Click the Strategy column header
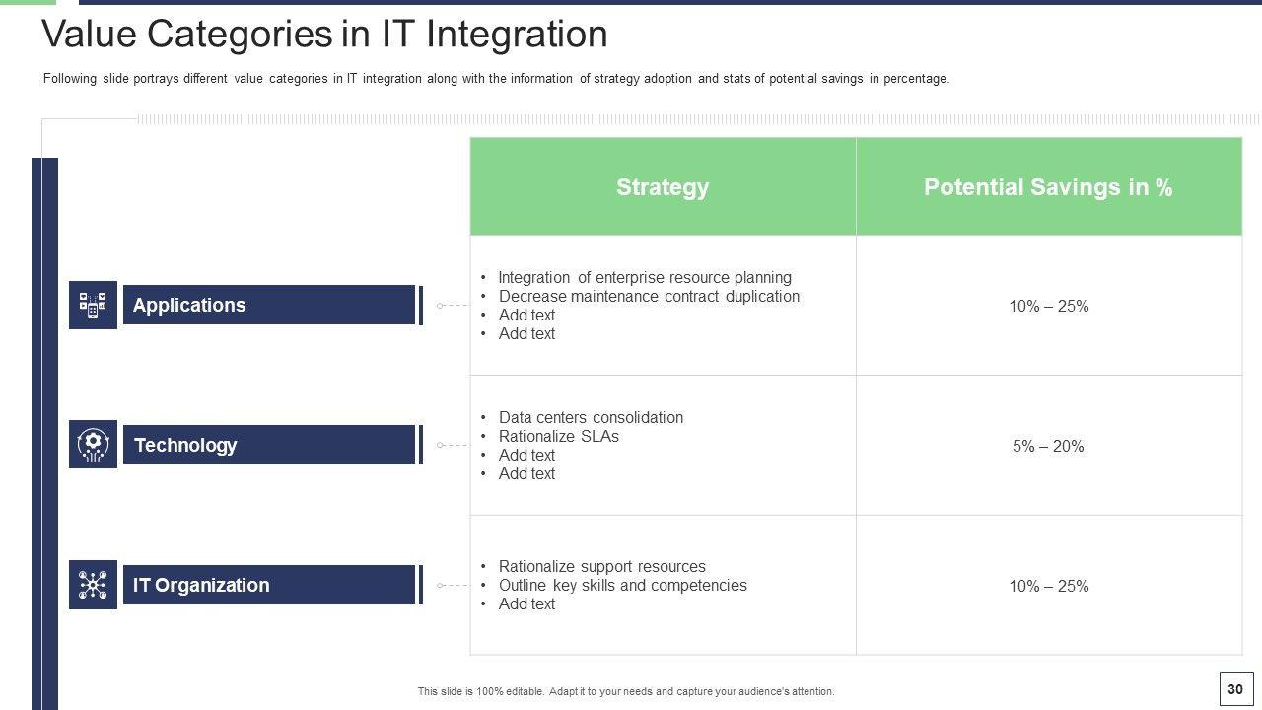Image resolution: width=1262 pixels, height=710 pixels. click(663, 187)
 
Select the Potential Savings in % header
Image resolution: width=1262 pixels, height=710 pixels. click(1048, 187)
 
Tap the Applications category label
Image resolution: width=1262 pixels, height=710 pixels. click(189, 305)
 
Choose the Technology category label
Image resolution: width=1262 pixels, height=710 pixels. click(185, 445)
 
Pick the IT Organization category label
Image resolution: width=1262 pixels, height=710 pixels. click(201, 585)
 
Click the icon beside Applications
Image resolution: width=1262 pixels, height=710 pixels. click(93, 305)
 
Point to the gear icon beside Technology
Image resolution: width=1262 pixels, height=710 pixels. click(93, 444)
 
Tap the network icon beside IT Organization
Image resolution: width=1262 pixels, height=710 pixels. click(93, 585)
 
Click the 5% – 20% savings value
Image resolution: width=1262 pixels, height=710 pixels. click(1048, 447)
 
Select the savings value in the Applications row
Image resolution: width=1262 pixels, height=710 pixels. click(1048, 306)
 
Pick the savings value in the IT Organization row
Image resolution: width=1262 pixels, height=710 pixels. click(1048, 586)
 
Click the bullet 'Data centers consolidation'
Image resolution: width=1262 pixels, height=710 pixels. click(591, 417)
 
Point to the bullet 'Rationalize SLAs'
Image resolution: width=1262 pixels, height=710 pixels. click(559, 436)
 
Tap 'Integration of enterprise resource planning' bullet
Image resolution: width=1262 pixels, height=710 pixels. click(645, 278)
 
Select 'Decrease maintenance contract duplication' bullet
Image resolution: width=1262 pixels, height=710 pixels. click(649, 297)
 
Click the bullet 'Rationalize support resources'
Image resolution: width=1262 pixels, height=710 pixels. click(602, 566)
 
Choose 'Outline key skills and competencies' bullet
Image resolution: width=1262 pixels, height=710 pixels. click(623, 585)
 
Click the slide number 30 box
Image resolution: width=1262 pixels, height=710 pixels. click(1236, 689)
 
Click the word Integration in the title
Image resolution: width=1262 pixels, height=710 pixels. click(517, 35)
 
